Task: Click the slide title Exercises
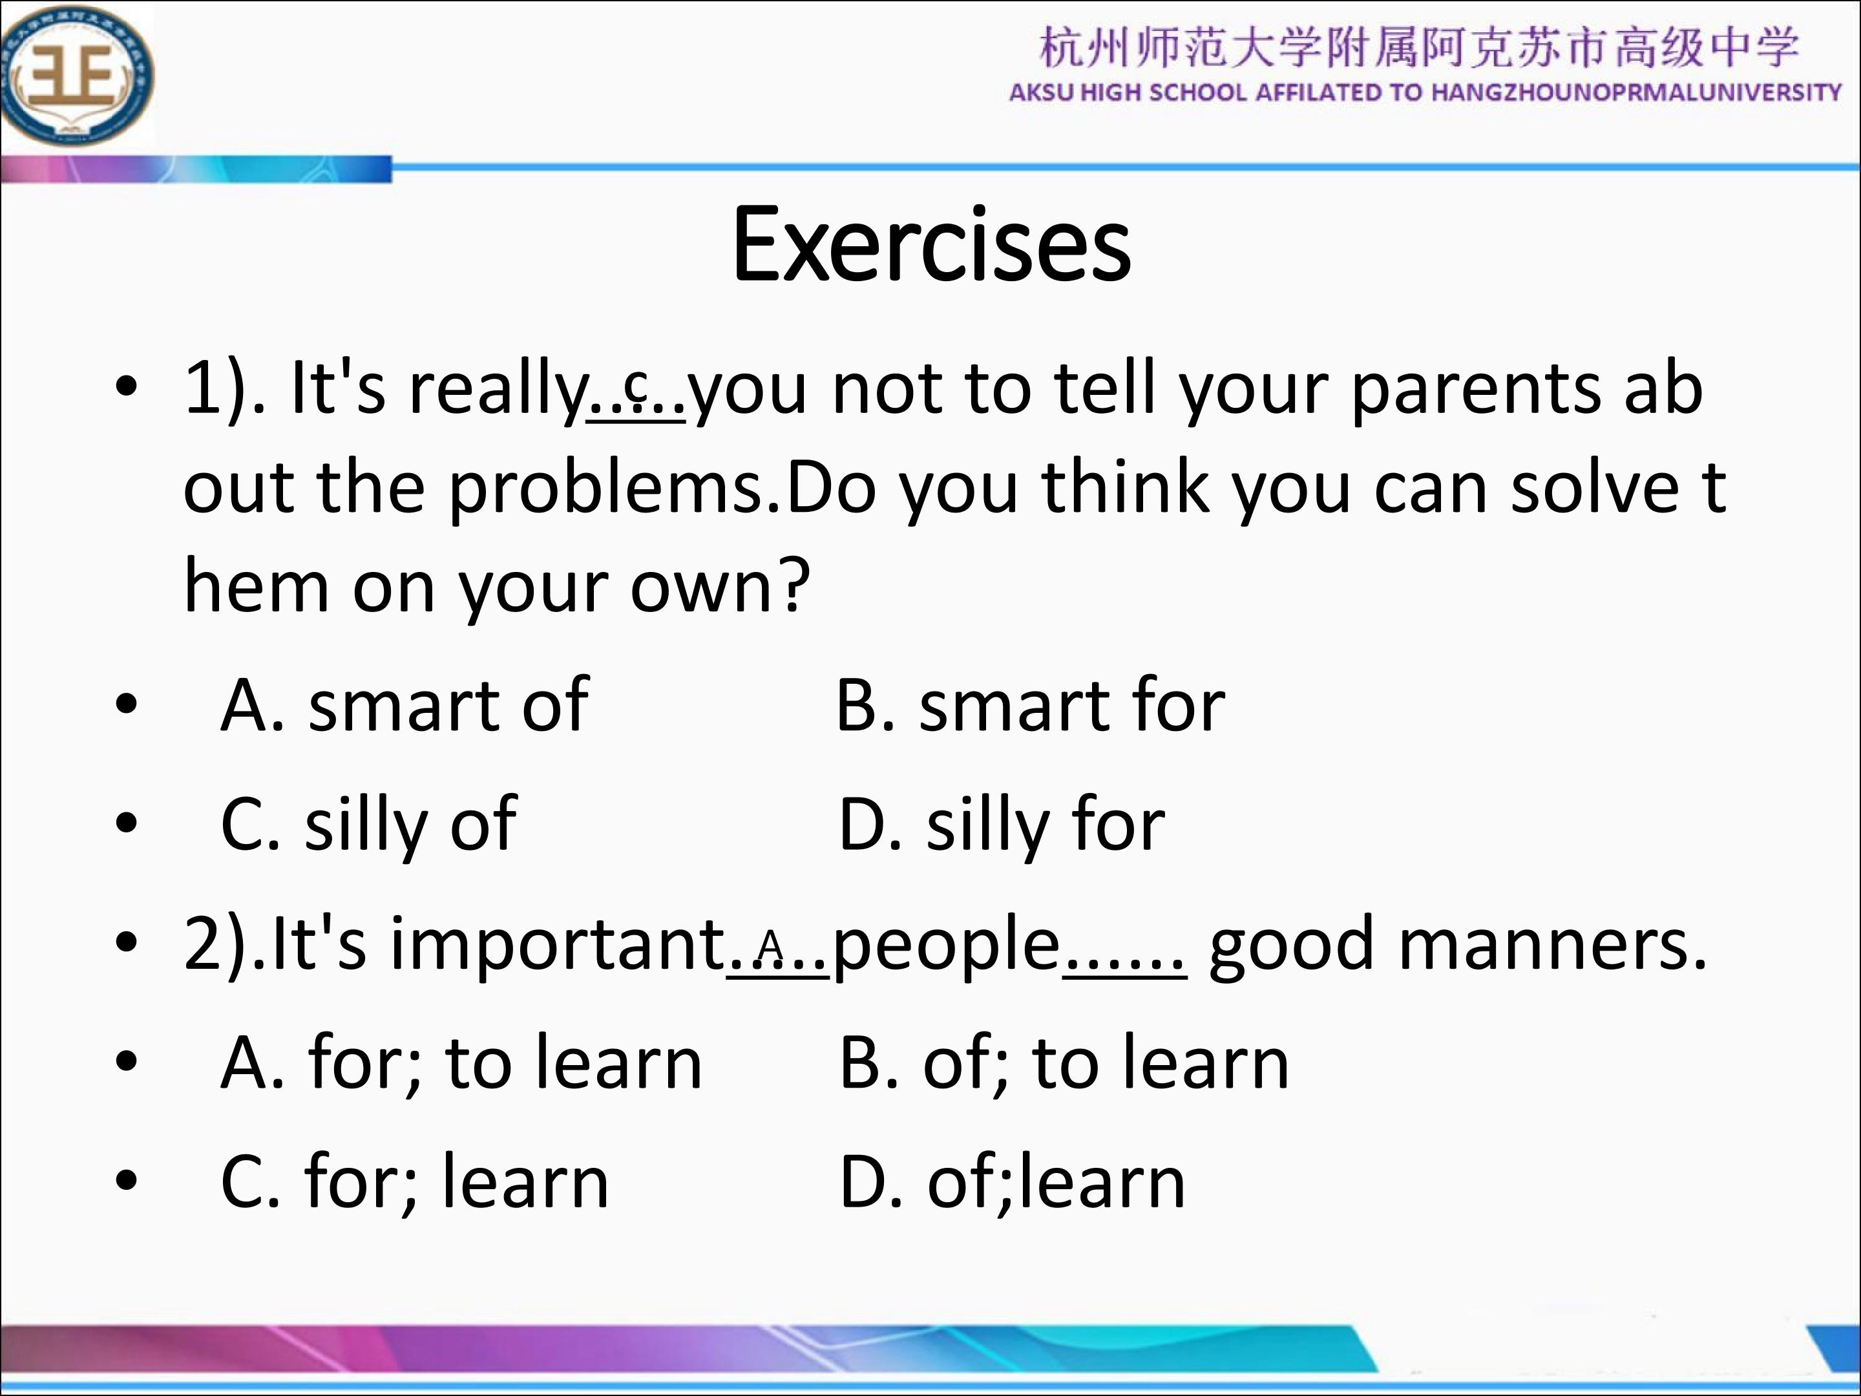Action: pos(931,245)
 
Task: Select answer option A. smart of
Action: pos(404,704)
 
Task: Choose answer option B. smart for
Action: pos(1031,704)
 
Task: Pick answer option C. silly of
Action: pos(368,825)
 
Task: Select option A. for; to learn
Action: pos(461,1062)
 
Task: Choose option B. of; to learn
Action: pos(1064,1062)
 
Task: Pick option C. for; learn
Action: pos(414,1181)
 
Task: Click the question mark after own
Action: pos(794,585)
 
